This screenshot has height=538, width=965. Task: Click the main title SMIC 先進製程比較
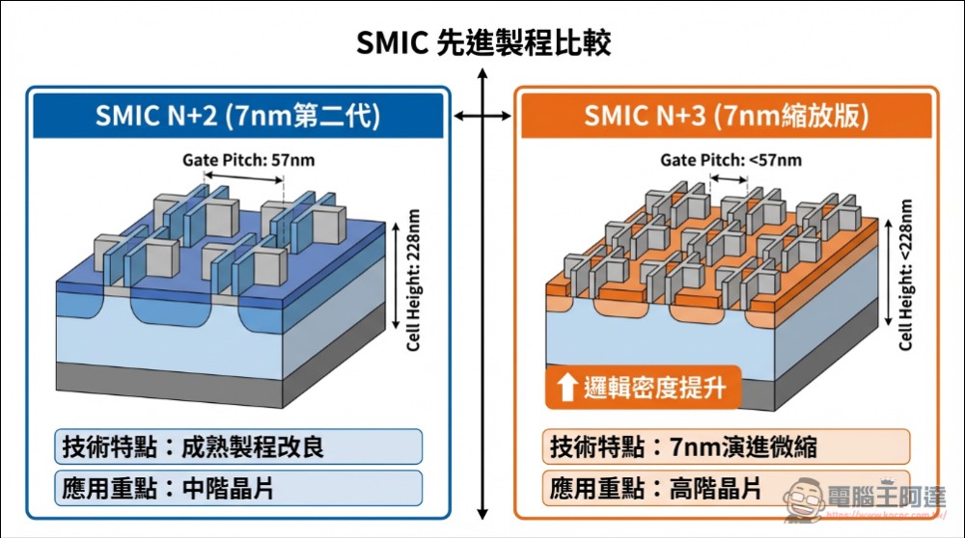[x=482, y=43]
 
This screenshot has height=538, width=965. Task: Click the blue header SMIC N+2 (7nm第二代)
[x=238, y=117]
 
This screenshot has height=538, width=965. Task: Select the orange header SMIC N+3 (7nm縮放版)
[x=726, y=117]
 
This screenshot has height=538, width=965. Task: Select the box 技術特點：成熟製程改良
[x=239, y=447]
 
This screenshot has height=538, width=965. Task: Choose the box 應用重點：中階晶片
[x=239, y=488]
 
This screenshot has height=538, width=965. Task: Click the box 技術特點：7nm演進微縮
[x=726, y=447]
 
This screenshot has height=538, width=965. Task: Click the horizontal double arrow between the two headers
[x=482, y=117]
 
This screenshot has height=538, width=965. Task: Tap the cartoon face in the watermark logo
[x=802, y=499]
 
